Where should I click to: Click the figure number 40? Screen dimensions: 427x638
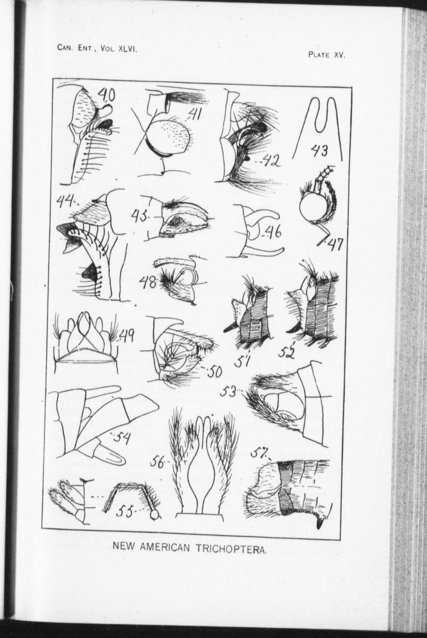(x=106, y=97)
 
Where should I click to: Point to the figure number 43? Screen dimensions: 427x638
(x=319, y=151)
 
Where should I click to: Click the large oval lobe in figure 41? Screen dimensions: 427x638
(x=172, y=139)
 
